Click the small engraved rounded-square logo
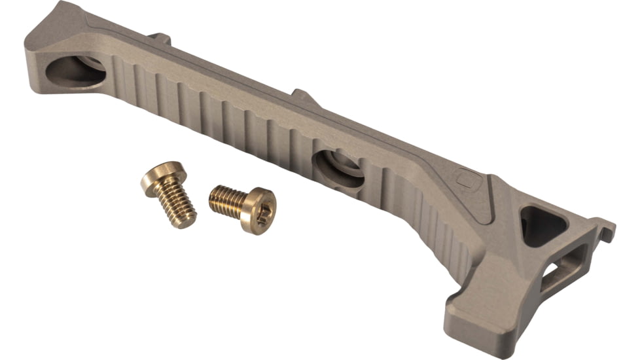tap(467, 177)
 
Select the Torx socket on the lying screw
tap(260, 211)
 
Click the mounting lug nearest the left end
tap(159, 39)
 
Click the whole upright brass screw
tap(169, 193)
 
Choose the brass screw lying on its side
tap(242, 206)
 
